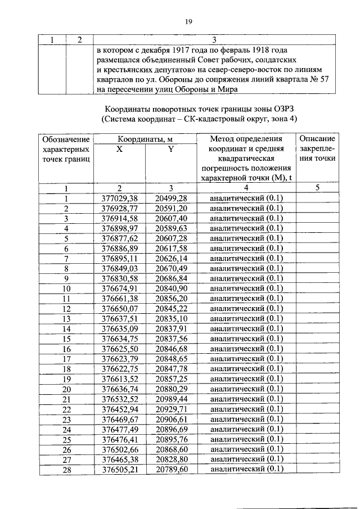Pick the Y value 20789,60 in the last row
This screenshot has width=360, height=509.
(x=171, y=470)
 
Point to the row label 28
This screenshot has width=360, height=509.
(x=66, y=470)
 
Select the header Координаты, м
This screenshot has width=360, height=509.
(x=145, y=139)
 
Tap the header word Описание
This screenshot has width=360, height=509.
(x=317, y=139)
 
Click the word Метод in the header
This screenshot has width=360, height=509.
(x=224, y=139)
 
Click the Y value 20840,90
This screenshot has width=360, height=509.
(x=171, y=289)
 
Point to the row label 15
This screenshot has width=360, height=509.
(x=66, y=339)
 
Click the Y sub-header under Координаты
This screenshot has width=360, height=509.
(x=171, y=149)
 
